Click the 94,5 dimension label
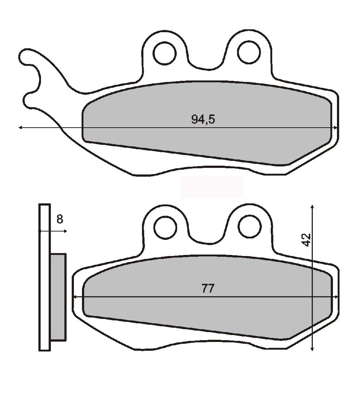[203, 119]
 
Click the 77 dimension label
[208, 288]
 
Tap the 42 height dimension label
[306, 240]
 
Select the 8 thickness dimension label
[60, 219]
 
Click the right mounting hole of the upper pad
[249, 52]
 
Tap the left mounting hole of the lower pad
[165, 227]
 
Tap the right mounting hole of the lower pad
[250, 226]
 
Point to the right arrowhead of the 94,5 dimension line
[335, 128]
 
